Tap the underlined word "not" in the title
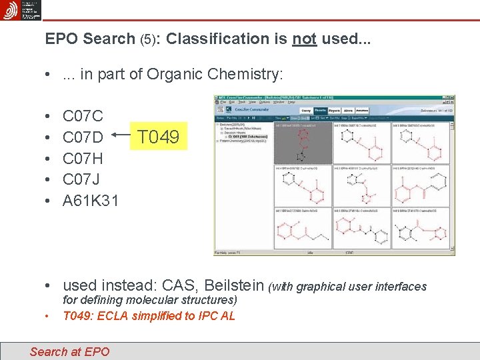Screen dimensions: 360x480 coord(304,39)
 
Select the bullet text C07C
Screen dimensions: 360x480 coord(83,117)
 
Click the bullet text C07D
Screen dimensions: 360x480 coord(83,138)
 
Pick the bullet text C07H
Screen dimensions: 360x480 coord(83,159)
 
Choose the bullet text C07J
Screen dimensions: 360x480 coord(81,179)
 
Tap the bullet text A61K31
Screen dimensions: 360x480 coord(91,200)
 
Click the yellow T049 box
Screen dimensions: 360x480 coord(158,137)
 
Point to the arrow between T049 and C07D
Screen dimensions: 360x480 coord(120,135)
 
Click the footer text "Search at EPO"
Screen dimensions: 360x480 coord(69,351)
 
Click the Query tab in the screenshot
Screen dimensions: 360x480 coord(306,111)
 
